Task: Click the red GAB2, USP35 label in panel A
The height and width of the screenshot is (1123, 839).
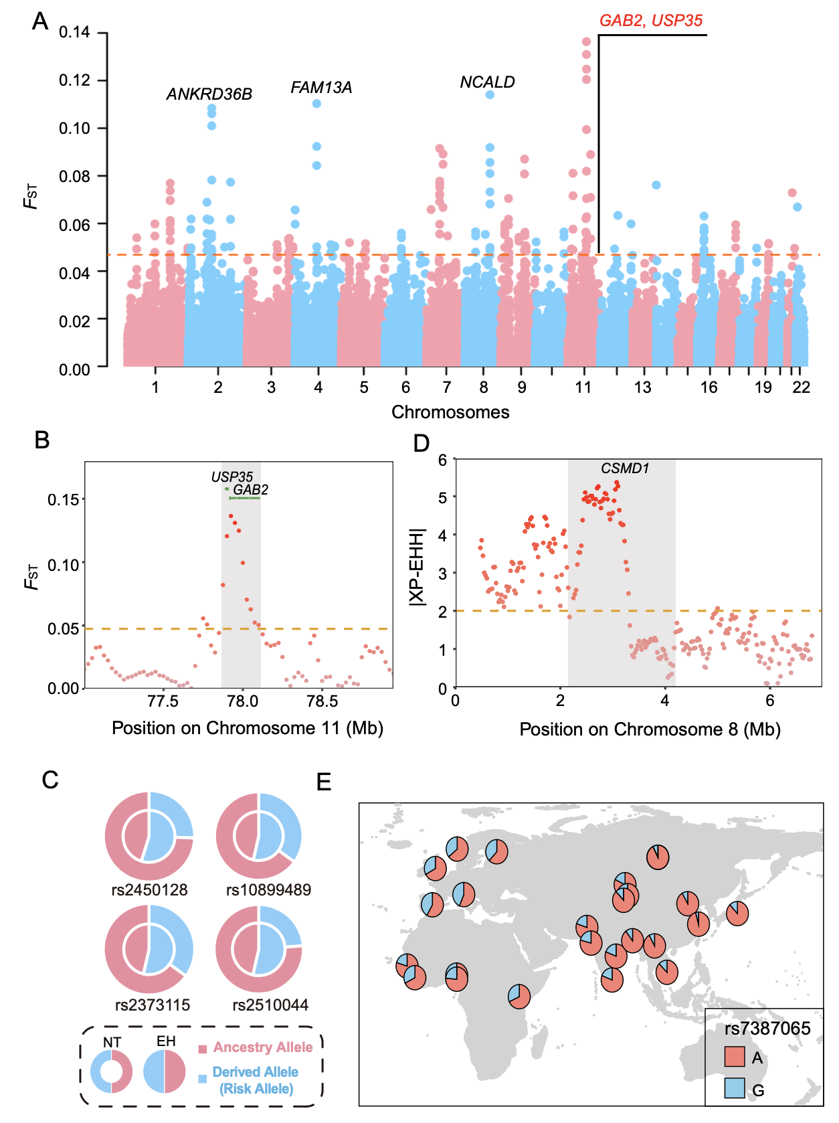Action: point(650,21)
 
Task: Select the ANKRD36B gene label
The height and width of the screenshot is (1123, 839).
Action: point(209,94)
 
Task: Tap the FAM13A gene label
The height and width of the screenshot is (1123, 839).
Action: point(321,88)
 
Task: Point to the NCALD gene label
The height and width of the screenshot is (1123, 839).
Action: point(487,82)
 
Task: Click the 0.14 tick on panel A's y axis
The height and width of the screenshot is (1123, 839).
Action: point(74,32)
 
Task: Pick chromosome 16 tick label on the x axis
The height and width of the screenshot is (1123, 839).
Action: point(709,387)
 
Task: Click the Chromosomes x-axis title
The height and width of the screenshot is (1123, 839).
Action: point(450,412)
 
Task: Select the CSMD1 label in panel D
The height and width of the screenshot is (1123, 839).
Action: point(625,468)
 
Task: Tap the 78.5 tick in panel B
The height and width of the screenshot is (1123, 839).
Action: point(322,701)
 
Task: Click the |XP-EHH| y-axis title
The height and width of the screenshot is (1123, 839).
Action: point(417,568)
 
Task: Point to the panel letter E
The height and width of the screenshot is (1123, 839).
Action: point(324,782)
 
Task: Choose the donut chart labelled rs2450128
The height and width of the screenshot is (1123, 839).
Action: point(149,836)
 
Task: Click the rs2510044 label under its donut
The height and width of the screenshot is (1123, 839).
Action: point(270,1005)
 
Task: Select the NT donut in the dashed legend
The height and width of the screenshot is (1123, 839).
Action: point(112,1071)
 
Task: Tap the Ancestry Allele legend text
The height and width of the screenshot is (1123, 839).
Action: point(262,1047)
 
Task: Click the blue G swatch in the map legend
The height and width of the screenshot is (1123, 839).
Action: point(735,1088)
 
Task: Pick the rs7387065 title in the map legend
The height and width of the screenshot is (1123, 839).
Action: point(767,1029)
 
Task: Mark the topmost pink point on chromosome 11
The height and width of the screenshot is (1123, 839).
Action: point(586,41)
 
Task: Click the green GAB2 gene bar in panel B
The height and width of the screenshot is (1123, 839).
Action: point(245,498)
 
